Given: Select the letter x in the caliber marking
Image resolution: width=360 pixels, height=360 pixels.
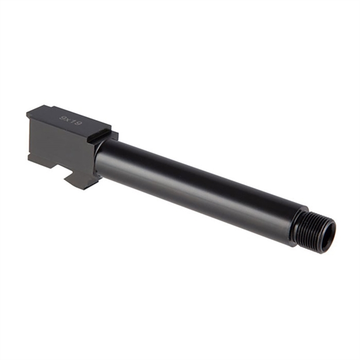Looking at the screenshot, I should [x=67, y=119].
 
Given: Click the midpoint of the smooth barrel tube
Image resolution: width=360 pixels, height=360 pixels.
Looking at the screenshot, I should [x=196, y=185].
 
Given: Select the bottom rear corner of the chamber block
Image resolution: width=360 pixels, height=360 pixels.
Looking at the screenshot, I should [x=29, y=160].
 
